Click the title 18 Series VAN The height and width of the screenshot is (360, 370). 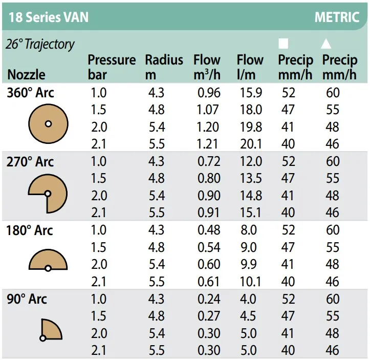click(x=49, y=16)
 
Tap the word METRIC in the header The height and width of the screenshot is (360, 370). click(x=337, y=16)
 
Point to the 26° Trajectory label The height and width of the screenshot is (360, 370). click(x=40, y=44)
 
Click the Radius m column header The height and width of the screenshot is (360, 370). click(x=164, y=67)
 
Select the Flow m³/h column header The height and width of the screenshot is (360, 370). click(x=207, y=67)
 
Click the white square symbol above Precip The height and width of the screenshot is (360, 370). click(x=283, y=44)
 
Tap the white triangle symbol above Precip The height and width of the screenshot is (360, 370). click(x=326, y=44)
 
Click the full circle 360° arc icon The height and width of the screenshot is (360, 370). click(x=48, y=123)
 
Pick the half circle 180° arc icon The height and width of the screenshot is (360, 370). click(x=48, y=262)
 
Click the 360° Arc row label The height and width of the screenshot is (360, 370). click(x=30, y=93)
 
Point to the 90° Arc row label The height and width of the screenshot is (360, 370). click(x=27, y=299)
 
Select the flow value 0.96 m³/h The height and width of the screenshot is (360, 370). click(x=208, y=93)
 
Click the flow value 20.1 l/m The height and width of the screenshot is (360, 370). click(x=251, y=144)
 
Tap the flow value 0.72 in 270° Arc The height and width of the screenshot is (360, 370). click(x=208, y=162)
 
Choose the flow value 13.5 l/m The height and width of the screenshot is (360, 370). click(x=251, y=179)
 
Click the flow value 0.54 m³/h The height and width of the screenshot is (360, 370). click(x=208, y=247)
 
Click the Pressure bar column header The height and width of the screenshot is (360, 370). click(x=112, y=67)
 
